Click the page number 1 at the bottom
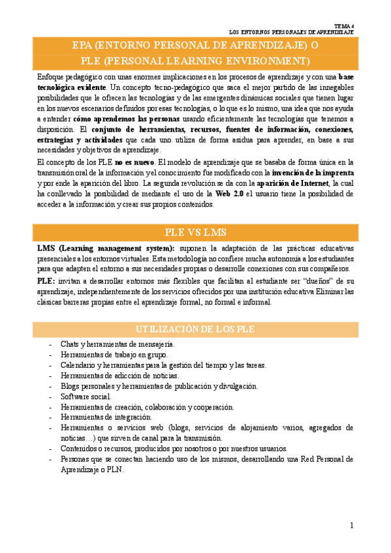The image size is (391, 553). tap(351, 525)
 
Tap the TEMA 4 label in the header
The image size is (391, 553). tap(343, 23)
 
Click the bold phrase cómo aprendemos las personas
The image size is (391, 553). tap(122, 119)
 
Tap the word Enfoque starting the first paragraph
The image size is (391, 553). tap(51, 77)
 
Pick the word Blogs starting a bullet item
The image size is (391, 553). tap(70, 385)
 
